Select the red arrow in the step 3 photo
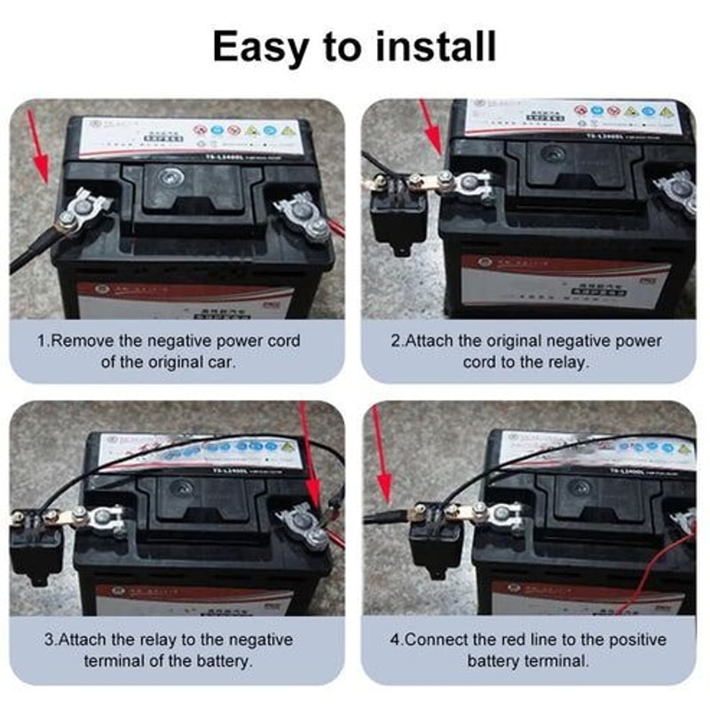tap(311, 461)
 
